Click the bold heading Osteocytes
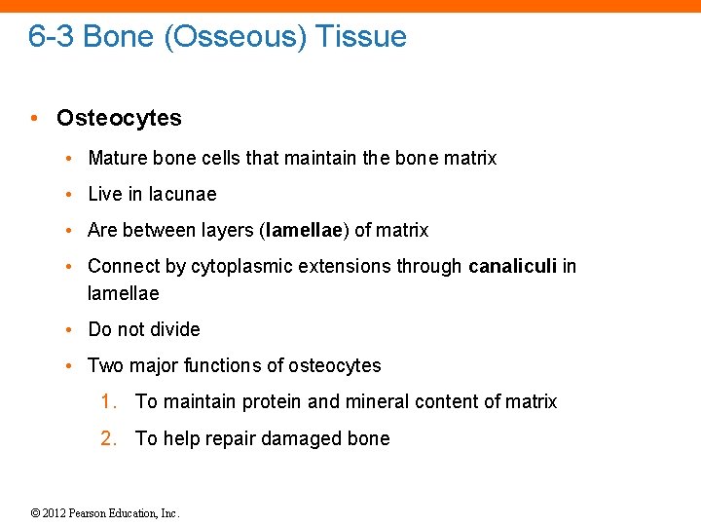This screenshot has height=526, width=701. point(119,119)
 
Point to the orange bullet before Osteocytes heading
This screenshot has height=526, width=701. point(34,119)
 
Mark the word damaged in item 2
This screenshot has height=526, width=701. point(291,438)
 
